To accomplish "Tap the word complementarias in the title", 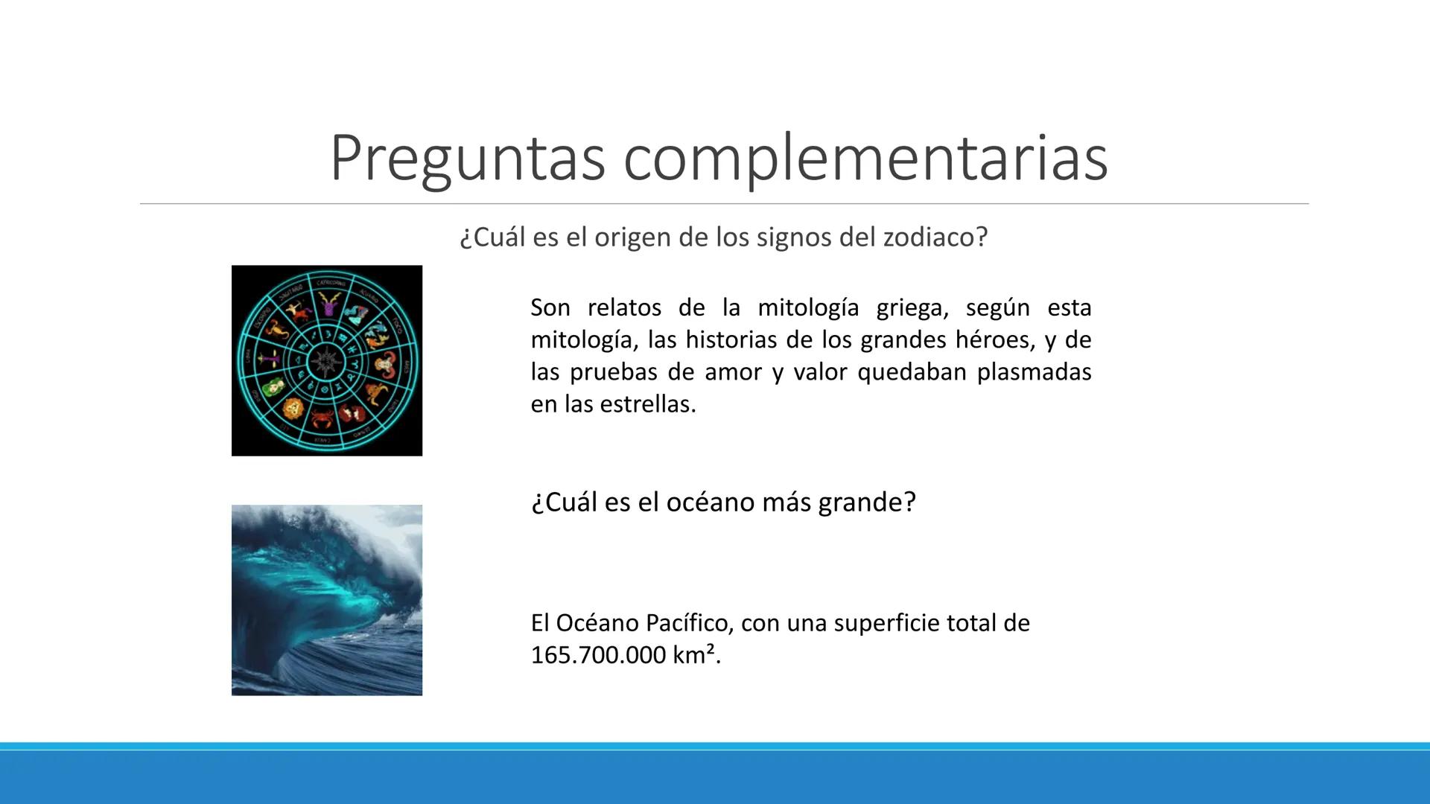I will (865, 158).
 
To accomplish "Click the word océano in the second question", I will (705, 502).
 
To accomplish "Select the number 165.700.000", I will (598, 655).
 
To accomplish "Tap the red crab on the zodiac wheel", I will (322, 418).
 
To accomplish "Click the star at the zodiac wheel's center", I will (326, 361).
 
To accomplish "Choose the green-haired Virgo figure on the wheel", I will (273, 387).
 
